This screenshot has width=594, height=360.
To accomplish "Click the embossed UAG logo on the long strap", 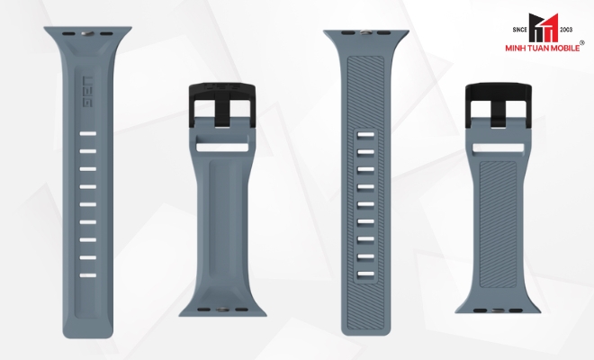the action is point(87,92).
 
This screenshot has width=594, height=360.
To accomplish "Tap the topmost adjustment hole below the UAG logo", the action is point(87,133).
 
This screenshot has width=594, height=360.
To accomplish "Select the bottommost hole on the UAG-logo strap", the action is point(87,275).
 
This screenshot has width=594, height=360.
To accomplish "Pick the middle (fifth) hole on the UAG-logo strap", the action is point(87,204).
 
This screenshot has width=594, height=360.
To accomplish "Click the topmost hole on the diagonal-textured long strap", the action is point(365,135).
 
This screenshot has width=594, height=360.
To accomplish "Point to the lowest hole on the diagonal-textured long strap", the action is point(365,274).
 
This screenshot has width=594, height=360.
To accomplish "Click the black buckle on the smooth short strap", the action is point(222,105).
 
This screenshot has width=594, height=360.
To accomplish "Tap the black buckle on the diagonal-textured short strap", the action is point(499,105).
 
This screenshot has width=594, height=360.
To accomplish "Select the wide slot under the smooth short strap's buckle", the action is point(222,147).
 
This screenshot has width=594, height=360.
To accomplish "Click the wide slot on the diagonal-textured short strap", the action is point(499,148).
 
